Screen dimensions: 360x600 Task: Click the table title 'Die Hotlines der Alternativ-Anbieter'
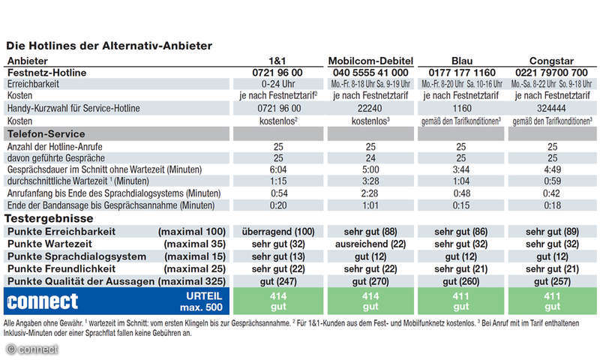tap(108, 46)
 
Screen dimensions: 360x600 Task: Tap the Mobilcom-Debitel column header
tap(370, 61)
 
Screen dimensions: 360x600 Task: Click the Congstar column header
tap(553, 61)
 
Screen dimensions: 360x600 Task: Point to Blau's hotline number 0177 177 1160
tap(462, 72)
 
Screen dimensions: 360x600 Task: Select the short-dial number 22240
tap(370, 108)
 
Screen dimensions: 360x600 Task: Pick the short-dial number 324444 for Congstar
tap(553, 108)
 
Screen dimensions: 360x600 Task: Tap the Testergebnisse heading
tap(49, 217)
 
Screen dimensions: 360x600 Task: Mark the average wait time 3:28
tap(370, 181)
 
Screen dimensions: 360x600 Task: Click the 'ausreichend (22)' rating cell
tap(370, 243)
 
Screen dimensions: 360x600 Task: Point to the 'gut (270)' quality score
tap(370, 280)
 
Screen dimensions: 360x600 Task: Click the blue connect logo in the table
tap(43, 301)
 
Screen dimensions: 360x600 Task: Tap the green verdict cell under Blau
tap(462, 301)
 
